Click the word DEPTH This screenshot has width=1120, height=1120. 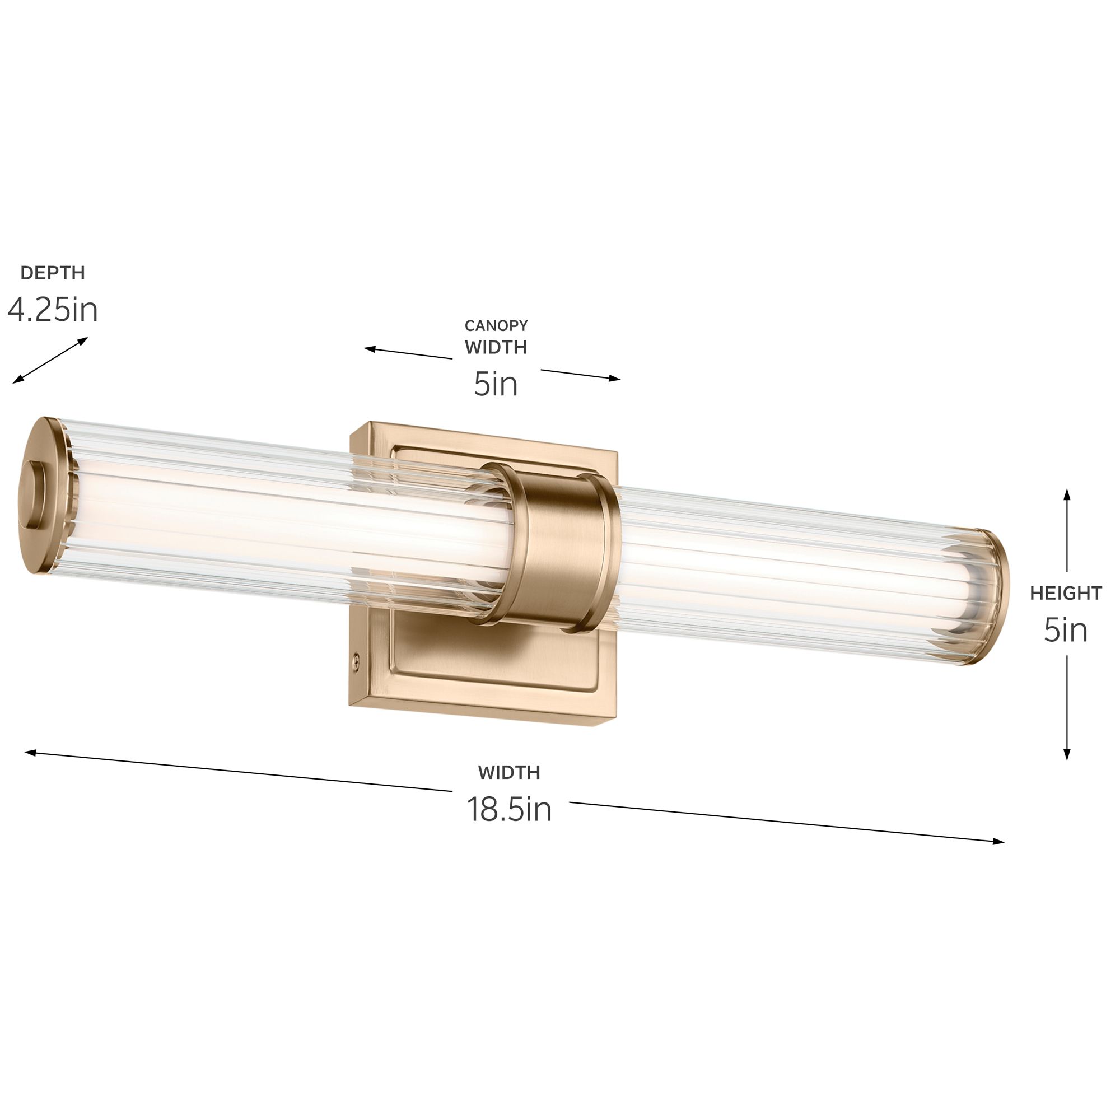coord(53,273)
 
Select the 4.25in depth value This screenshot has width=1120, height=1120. coord(53,310)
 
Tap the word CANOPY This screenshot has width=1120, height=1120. coord(496,326)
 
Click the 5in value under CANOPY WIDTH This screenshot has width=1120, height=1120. coord(496,384)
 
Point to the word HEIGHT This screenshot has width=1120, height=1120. coord(1066,593)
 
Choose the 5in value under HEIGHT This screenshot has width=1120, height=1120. coord(1066,630)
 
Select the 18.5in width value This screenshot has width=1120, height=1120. coord(509,809)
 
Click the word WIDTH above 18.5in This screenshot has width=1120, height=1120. coord(509,772)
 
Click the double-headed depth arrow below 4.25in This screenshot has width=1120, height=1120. coord(50,361)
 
